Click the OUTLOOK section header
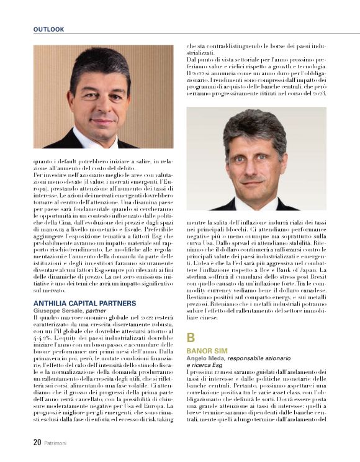(48, 29)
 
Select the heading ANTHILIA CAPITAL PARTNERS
(84, 303)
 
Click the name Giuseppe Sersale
(58, 310)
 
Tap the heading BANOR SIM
(205, 351)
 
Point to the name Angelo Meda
(205, 358)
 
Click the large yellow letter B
(191, 338)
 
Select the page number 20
(37, 443)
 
